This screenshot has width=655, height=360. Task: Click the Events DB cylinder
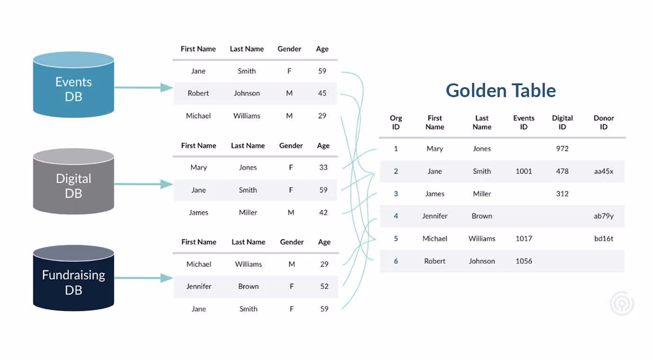73,85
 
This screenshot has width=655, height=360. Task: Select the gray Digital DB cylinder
73,181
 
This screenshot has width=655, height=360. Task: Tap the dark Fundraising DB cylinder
73,278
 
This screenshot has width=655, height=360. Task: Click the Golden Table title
501,90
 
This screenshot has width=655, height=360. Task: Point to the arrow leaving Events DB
144,88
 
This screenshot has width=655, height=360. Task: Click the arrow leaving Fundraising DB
144,278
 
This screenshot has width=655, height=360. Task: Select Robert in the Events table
198,93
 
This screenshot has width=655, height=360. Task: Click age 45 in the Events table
322,93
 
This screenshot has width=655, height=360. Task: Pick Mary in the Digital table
198,168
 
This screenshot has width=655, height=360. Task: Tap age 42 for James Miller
323,213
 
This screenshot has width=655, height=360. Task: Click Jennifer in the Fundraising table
199,286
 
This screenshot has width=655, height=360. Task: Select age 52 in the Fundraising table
324,286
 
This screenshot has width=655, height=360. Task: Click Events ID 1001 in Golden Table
524,171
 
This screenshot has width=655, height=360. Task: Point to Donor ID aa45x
603,171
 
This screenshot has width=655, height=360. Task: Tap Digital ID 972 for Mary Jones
562,149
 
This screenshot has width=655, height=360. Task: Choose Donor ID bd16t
603,239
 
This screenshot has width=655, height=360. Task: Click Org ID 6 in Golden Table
395,261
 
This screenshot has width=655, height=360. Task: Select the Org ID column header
395,122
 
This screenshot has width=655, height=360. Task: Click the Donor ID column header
603,122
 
